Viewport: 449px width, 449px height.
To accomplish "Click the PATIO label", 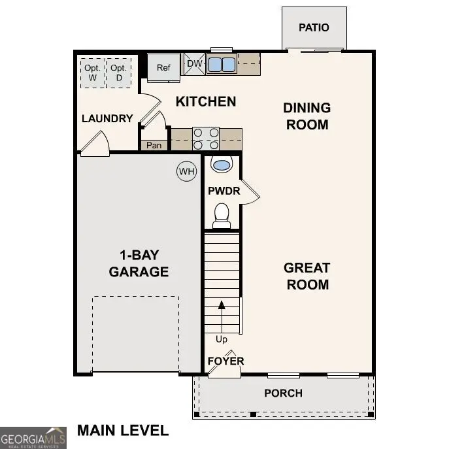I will pyautogui.click(x=314, y=27).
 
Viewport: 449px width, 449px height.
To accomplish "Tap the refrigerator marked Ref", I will pyautogui.click(x=163, y=67).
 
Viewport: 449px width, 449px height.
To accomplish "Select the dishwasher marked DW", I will pyautogui.click(x=194, y=63).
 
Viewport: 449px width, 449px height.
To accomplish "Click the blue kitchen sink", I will pyautogui.click(x=222, y=64).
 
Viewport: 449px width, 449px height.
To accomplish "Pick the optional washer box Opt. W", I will pyautogui.click(x=91, y=73).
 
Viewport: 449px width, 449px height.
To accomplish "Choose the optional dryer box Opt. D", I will pyautogui.click(x=118, y=73).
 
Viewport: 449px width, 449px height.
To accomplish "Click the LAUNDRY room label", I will pyautogui.click(x=107, y=118).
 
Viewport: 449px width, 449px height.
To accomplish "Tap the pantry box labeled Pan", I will pyautogui.click(x=154, y=145).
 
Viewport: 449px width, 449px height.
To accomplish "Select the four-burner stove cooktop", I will pyautogui.click(x=205, y=139).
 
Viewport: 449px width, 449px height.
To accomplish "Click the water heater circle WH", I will pyautogui.click(x=187, y=172).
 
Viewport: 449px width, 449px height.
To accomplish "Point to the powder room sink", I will pyautogui.click(x=222, y=165).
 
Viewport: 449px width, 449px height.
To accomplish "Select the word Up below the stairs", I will pyautogui.click(x=222, y=339).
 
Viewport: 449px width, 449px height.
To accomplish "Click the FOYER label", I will pyautogui.click(x=225, y=361).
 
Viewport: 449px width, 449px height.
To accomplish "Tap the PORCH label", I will pyautogui.click(x=283, y=393).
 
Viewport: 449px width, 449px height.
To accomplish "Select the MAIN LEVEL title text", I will pyautogui.click(x=123, y=430).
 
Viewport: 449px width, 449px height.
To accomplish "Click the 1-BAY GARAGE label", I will pyautogui.click(x=139, y=263).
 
